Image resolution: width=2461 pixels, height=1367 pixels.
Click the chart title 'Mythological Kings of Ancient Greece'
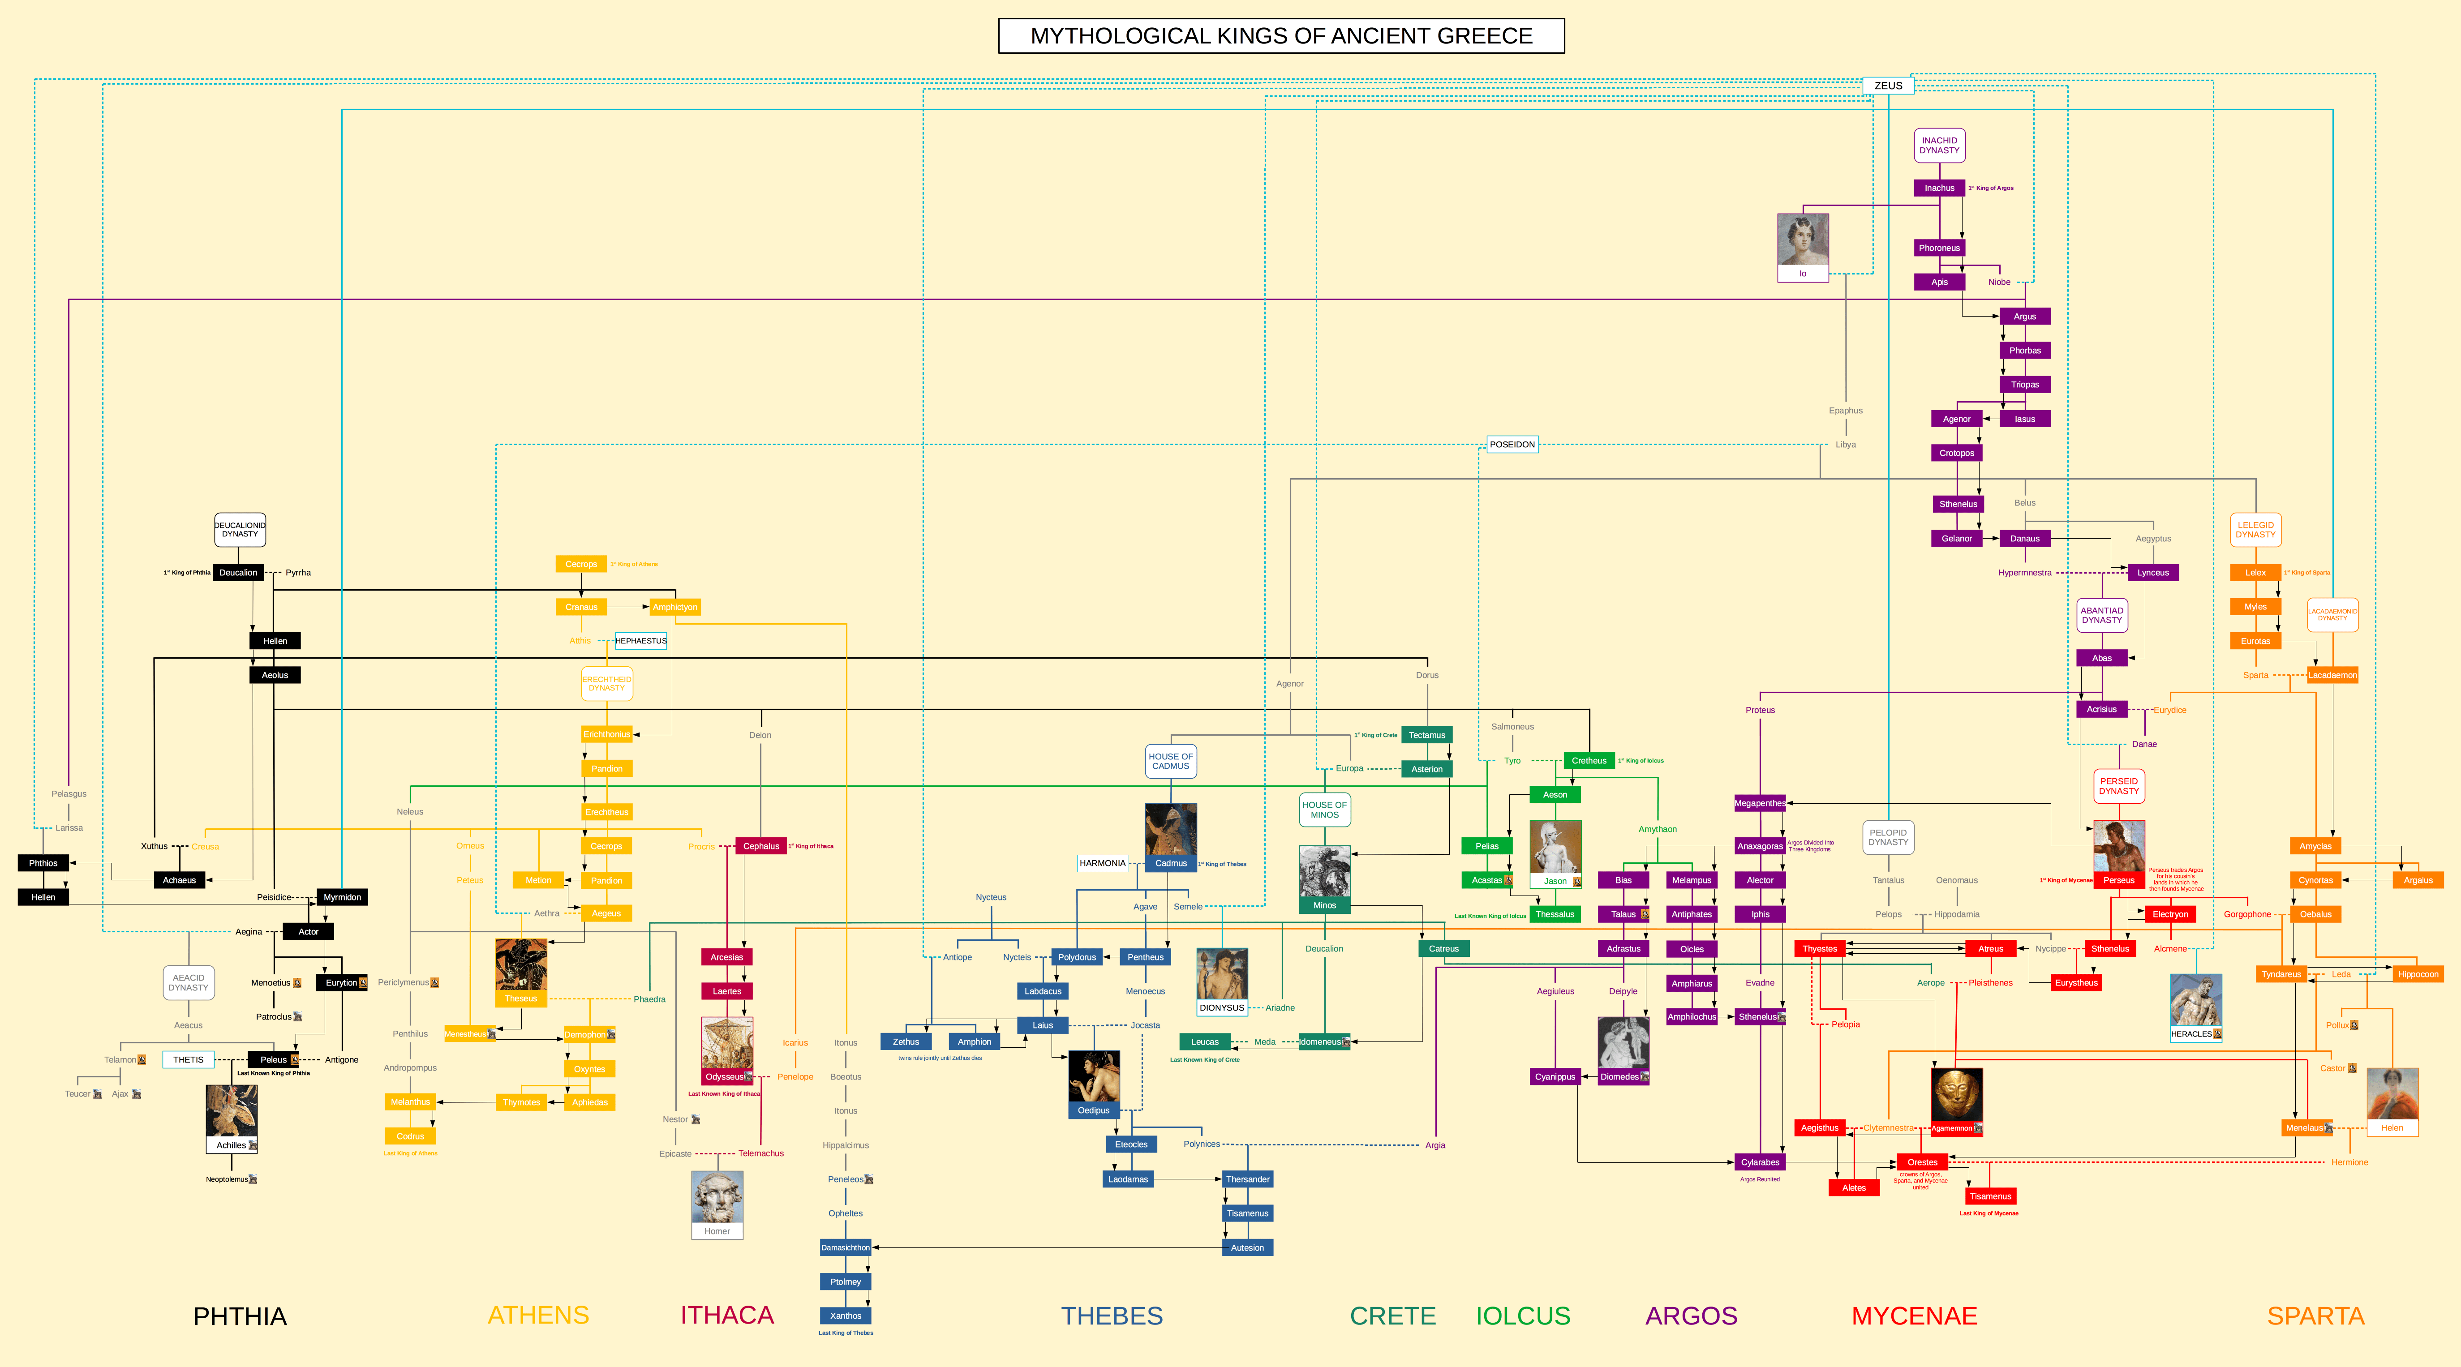click(x=1281, y=36)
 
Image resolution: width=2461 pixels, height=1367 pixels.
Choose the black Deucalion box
click(x=238, y=572)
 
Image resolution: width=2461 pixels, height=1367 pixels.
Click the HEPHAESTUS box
click(x=641, y=641)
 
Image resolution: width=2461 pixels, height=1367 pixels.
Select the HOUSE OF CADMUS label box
click(x=1170, y=761)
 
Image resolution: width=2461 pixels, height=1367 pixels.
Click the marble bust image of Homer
click(x=717, y=1197)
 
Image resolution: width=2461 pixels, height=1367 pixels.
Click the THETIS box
click(x=188, y=1059)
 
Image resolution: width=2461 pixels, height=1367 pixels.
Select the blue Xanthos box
click(x=846, y=1316)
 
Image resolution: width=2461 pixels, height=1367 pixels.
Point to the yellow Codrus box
click(x=410, y=1136)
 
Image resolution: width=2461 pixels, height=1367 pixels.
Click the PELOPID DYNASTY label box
click(x=1888, y=837)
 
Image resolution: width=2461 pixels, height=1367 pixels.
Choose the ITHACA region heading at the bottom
click(x=726, y=1316)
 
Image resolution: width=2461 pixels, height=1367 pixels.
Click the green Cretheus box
click(x=1589, y=760)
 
